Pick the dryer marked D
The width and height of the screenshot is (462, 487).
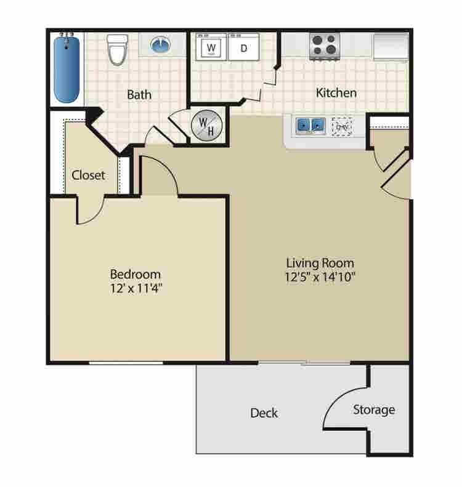(243, 47)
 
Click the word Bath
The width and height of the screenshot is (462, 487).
(139, 95)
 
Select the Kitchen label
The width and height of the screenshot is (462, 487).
(336, 93)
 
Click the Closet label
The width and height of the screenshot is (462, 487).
(89, 175)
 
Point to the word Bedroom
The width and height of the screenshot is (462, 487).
(136, 273)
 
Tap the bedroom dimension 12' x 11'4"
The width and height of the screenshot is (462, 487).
(136, 287)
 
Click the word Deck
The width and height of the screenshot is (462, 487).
(264, 413)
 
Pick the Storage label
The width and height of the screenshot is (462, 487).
(374, 409)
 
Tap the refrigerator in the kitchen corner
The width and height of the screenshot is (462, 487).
(390, 46)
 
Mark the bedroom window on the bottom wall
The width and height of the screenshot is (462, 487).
(126, 363)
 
